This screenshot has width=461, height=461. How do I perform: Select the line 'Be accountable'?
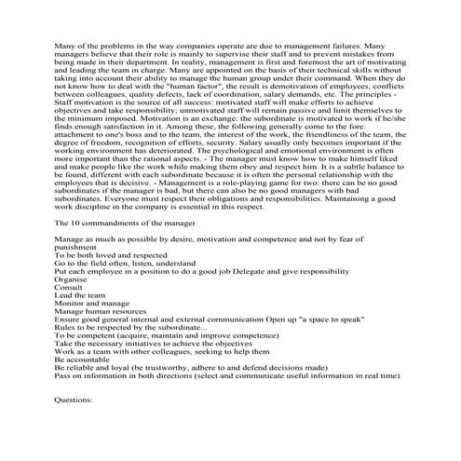82,389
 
